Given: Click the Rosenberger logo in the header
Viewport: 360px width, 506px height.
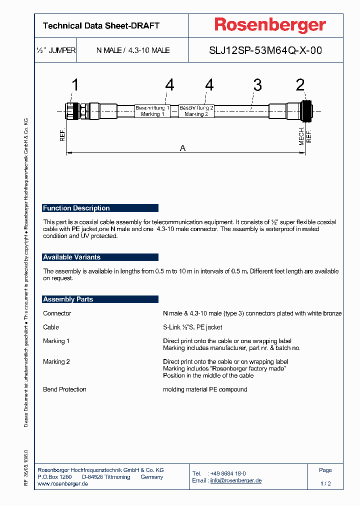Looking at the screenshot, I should click(270, 25).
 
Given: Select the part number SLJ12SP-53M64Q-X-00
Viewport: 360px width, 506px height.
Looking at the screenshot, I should click(265, 50).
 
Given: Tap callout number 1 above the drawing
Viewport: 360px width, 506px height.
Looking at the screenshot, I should click(75, 85).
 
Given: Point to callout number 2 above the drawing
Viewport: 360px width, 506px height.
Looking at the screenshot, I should click(300, 85).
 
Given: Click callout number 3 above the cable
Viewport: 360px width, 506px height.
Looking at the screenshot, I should click(257, 85).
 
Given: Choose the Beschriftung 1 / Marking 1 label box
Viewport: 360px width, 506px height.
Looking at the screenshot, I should click(152, 111).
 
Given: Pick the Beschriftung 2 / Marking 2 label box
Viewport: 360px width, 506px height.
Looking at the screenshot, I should click(196, 111).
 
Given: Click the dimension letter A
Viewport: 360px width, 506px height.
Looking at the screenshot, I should click(182, 148).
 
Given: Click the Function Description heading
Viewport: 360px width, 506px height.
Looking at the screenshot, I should click(76, 208).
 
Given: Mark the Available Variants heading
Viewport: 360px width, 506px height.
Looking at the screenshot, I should click(72, 257).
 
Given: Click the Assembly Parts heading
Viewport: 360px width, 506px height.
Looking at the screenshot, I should click(68, 299).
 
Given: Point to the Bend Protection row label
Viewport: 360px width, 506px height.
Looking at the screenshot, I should click(64, 389).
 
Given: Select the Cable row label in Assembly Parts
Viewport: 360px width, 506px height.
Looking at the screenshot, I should click(51, 327).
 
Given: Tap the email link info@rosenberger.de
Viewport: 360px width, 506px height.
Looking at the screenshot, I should click(235, 480).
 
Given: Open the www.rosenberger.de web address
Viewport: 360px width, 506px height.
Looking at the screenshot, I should click(63, 484).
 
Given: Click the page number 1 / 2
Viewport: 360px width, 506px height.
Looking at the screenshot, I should click(325, 483).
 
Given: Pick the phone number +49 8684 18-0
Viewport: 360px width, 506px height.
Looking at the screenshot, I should click(227, 473).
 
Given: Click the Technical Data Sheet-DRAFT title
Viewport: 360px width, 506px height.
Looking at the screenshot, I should click(101, 25).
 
